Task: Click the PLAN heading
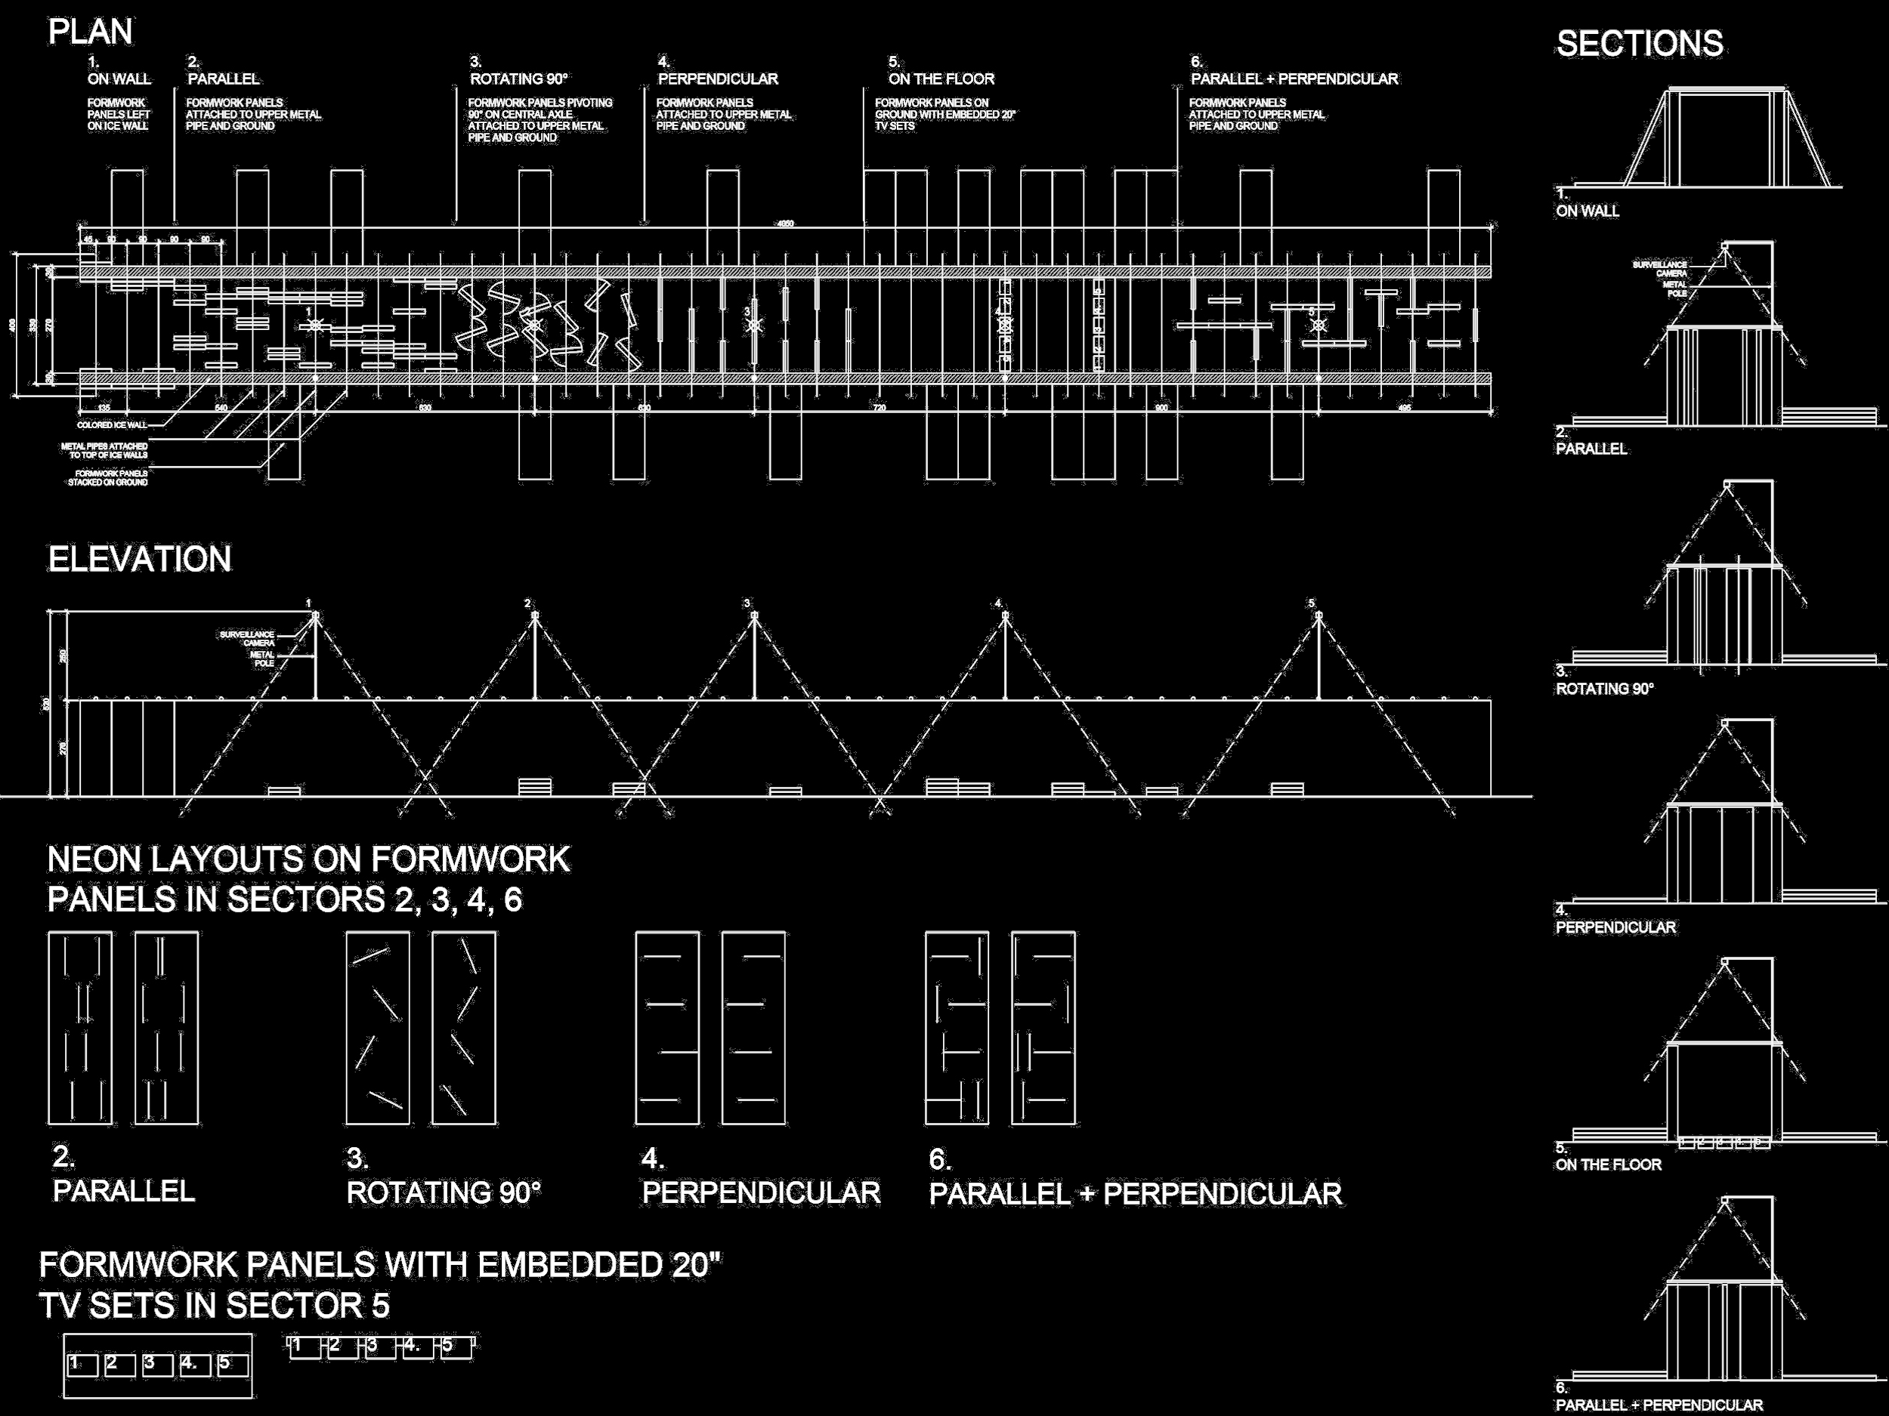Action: pyautogui.click(x=91, y=32)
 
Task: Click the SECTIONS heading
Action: pyautogui.click(x=1639, y=44)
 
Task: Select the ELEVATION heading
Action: pyautogui.click(x=139, y=560)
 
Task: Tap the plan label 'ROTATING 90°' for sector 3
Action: pyautogui.click(x=518, y=79)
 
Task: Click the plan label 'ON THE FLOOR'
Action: pyautogui.click(x=941, y=79)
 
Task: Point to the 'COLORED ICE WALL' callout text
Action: pyautogui.click(x=112, y=425)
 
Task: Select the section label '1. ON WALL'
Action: pyautogui.click(x=1587, y=205)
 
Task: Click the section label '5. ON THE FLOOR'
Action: pyautogui.click(x=1607, y=1159)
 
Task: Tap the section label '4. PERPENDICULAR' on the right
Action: pyautogui.click(x=1614, y=922)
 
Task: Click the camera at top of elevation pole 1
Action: pyautogui.click(x=315, y=615)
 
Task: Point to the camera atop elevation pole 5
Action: pyautogui.click(x=1318, y=615)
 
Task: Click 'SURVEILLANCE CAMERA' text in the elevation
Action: pyautogui.click(x=247, y=638)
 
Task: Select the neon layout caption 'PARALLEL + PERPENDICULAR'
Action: pyautogui.click(x=1135, y=1194)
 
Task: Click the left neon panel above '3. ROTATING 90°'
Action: pyautogui.click(x=378, y=1029)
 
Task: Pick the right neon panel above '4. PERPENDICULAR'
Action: pyautogui.click(x=753, y=1029)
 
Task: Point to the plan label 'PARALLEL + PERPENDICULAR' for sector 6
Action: pyautogui.click(x=1294, y=79)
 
